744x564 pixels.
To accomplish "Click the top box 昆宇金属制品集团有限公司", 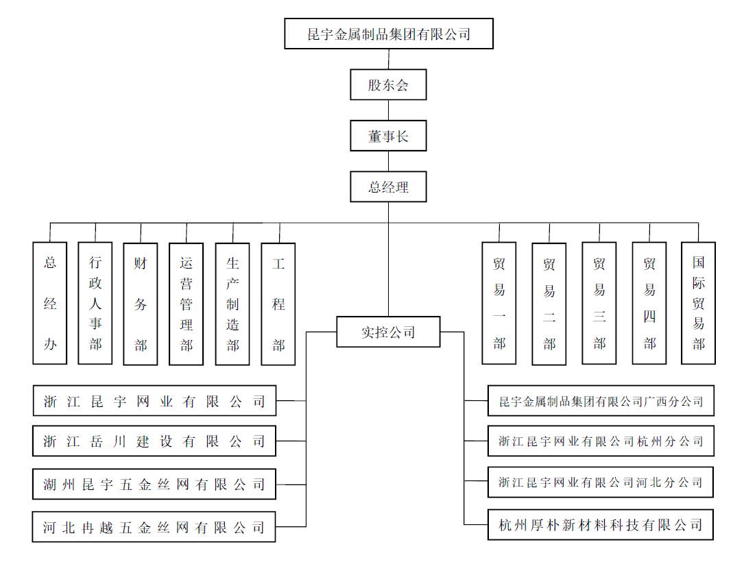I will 389,34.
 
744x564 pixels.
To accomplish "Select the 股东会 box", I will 388,85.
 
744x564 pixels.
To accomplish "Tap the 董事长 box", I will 388,136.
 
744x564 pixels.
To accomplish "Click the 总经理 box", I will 388,186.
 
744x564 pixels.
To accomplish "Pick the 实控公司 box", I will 388,332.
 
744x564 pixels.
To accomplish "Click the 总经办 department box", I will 50,303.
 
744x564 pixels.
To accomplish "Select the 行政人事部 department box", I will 95,303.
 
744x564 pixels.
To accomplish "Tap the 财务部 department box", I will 141,303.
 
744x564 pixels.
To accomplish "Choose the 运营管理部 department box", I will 187,304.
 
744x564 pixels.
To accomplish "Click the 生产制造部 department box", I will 232,304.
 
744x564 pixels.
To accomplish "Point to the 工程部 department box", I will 278,304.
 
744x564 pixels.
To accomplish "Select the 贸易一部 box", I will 499,303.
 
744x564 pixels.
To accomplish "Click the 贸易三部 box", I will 599,303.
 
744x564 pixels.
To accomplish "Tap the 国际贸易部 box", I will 698,303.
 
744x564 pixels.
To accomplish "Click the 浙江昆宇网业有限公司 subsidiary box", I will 154,401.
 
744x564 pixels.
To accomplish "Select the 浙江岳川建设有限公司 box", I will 154,441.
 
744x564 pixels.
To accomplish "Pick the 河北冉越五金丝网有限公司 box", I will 154,527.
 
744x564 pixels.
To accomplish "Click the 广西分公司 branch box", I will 601,401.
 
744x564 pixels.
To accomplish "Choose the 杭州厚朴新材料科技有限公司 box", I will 601,525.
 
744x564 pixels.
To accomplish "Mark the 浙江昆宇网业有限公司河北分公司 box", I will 601,482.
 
